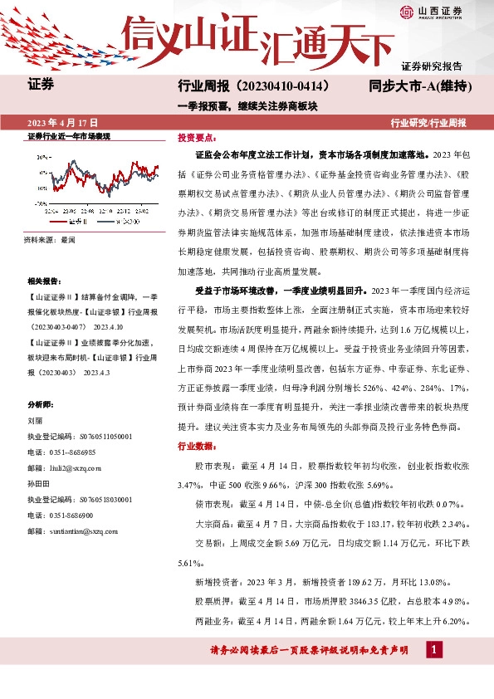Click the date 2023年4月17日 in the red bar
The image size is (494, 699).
(63, 122)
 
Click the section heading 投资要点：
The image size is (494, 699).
(196, 137)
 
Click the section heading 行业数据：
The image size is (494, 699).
(196, 446)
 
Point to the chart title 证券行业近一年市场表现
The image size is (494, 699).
(63, 135)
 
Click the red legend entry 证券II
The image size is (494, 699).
(76, 222)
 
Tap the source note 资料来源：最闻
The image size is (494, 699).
(51, 240)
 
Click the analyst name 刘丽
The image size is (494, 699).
(35, 421)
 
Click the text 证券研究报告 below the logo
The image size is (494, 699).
(432, 66)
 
